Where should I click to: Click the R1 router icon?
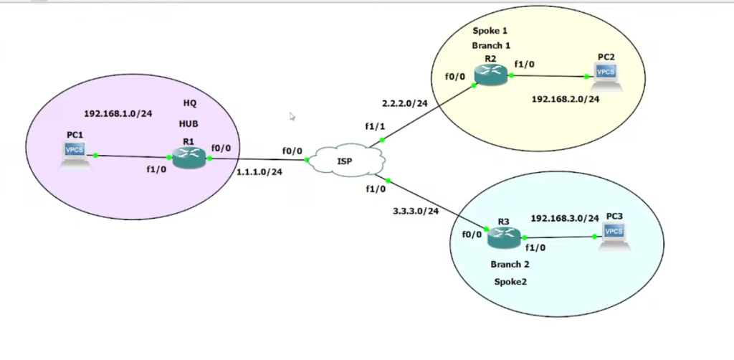coord(189,157)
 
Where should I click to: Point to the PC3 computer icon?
coord(614,236)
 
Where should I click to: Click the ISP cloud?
coord(345,160)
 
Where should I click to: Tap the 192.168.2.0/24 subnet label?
coord(566,99)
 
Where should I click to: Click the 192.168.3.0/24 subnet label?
coord(564,217)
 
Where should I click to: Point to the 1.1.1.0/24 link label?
coord(259,171)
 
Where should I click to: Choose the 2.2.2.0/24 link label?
coord(406,103)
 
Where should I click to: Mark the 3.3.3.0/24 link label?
coord(416,212)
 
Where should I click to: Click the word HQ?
coord(189,103)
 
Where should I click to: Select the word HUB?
coord(189,123)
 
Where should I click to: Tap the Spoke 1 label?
coord(490,31)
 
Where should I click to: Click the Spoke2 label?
coord(510,282)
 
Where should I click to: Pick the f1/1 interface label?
coord(375,126)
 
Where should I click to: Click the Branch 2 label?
coord(510,265)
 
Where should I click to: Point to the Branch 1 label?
coord(491,45)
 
